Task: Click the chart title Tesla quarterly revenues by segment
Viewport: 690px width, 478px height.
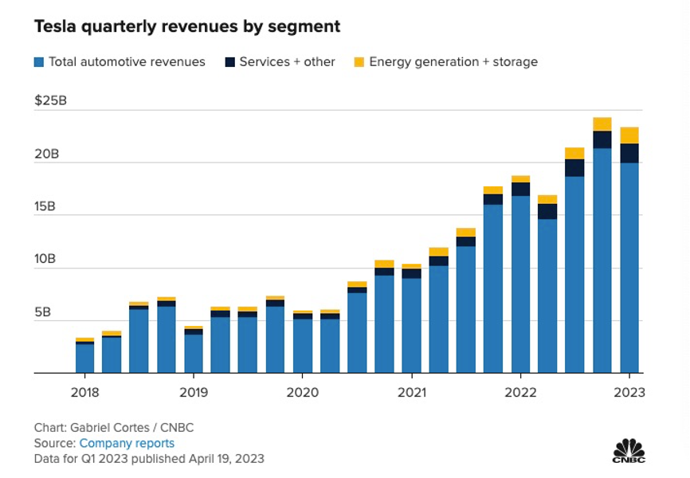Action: point(186,27)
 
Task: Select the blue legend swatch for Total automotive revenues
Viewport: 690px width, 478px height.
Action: point(39,62)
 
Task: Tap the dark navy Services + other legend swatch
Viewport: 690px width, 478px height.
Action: point(229,62)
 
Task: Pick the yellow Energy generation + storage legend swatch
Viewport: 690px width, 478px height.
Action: point(359,62)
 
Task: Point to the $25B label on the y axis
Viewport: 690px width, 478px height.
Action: point(49,101)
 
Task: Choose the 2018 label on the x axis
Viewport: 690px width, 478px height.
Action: point(85,392)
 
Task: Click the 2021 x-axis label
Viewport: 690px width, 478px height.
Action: point(411,392)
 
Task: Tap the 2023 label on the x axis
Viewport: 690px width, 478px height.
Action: point(629,392)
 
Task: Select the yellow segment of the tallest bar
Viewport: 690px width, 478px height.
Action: point(602,124)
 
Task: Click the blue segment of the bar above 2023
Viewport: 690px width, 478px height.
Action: point(629,267)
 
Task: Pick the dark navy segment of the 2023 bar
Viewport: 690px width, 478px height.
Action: point(629,153)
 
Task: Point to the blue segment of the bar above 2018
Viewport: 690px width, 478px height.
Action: point(85,358)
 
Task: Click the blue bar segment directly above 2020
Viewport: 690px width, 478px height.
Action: point(303,346)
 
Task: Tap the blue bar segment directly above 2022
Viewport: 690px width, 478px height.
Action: point(520,284)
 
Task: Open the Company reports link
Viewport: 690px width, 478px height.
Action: point(127,443)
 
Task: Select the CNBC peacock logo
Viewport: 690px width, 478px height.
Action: point(629,450)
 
